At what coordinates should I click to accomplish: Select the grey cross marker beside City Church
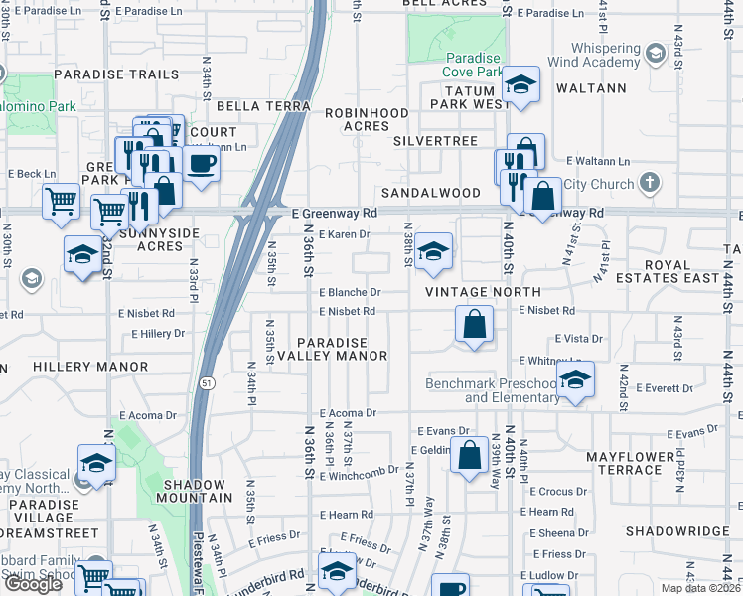click(x=649, y=183)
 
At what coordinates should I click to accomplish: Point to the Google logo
click(x=32, y=584)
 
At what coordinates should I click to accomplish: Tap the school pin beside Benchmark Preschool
click(x=574, y=380)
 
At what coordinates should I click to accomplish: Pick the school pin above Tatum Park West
click(x=520, y=85)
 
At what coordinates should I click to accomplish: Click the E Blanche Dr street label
click(x=350, y=293)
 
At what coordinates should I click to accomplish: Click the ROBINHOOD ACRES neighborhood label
click(x=359, y=119)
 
